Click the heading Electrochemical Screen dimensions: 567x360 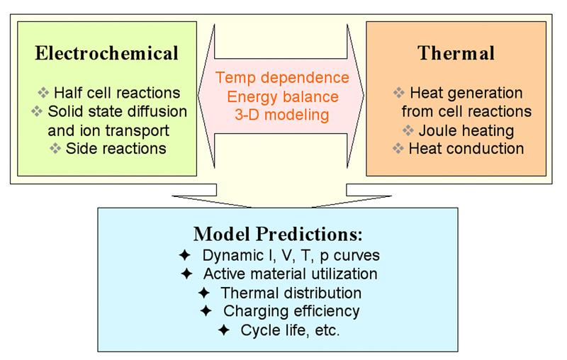(x=107, y=53)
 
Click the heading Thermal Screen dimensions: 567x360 (x=456, y=53)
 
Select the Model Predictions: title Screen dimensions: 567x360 (x=278, y=234)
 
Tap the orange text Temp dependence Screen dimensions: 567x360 (x=282, y=78)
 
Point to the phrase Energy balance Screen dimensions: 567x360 (x=283, y=97)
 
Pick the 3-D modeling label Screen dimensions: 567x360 (x=282, y=115)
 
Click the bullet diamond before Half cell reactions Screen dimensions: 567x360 (x=43, y=93)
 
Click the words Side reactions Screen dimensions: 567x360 (x=116, y=149)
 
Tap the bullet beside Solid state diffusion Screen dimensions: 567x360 (x=37, y=111)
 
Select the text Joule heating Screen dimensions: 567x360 (x=466, y=130)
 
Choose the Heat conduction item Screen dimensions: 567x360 (x=466, y=149)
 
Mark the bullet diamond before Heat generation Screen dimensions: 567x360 (x=399, y=93)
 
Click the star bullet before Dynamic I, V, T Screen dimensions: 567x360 (x=185, y=255)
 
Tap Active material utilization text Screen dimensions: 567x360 (x=291, y=274)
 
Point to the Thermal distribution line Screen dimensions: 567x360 (x=291, y=293)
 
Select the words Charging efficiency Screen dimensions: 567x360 (x=291, y=311)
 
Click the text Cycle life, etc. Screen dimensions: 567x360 (x=291, y=330)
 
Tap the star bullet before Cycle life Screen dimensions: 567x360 (x=224, y=330)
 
